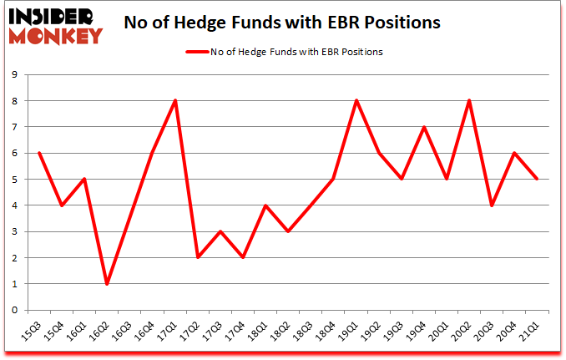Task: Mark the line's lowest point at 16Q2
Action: point(107,284)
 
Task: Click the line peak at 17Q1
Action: point(174,101)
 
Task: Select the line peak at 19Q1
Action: point(356,101)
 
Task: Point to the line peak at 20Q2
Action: point(468,101)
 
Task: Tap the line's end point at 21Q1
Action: point(536,180)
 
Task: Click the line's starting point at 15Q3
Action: point(39,153)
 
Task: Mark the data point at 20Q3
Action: point(491,205)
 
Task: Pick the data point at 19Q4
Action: point(423,127)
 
